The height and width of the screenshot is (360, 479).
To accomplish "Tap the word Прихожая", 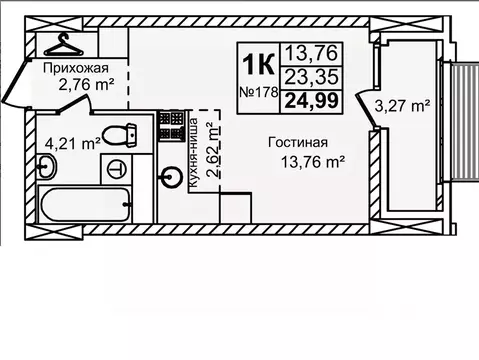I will tap(76, 67).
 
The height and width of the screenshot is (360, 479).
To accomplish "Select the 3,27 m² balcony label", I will tap(402, 104).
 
